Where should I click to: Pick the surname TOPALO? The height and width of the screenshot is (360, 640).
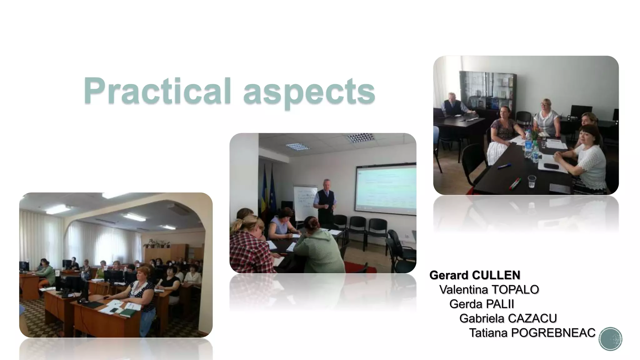pyautogui.click(x=514, y=290)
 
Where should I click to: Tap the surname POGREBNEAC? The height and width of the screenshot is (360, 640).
pyautogui.click(x=553, y=333)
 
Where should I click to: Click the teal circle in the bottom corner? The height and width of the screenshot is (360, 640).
pyautogui.click(x=610, y=339)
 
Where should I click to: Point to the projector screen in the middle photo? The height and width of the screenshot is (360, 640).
pyautogui.click(x=386, y=189)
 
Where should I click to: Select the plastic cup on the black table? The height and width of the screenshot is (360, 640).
pyautogui.click(x=532, y=181)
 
